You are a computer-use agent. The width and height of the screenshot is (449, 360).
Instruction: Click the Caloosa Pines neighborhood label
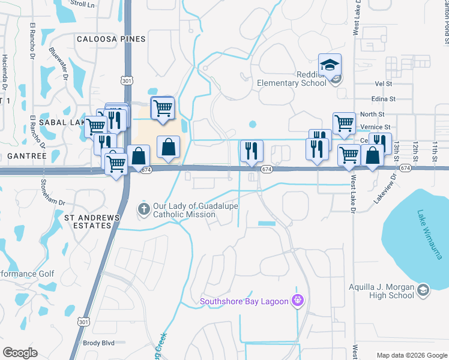pyautogui.click(x=111, y=39)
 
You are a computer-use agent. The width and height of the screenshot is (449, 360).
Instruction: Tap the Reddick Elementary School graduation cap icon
pyautogui.click(x=329, y=64)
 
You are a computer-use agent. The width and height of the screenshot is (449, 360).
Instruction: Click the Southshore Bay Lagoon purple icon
pyautogui.click(x=296, y=301)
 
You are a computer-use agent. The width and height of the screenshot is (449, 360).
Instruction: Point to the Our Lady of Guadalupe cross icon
pyautogui.click(x=143, y=209)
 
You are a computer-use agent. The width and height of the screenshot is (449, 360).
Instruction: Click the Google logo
pyautogui.click(x=20, y=353)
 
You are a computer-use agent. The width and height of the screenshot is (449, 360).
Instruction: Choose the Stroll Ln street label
pyautogui.click(x=82, y=4)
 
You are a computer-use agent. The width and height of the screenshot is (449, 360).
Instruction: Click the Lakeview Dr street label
pyautogui.click(x=386, y=189)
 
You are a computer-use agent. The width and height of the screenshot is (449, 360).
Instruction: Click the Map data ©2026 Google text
pyautogui.click(x=411, y=355)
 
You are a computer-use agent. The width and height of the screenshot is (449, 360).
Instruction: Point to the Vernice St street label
pyautogui.click(x=376, y=127)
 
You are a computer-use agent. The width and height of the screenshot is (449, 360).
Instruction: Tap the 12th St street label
pyautogui.click(x=414, y=152)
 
